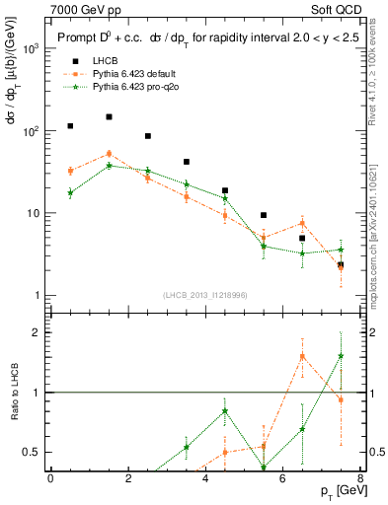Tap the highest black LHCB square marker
pos(109,116)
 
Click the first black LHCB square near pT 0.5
pos(70,126)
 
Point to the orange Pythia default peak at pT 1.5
pos(109,153)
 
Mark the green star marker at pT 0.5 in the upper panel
pos(70,192)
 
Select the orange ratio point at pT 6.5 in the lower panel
pos(302,356)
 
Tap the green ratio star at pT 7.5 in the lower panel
pos(341,356)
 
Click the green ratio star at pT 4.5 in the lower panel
pos(225,411)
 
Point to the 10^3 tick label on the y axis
pos(31,47)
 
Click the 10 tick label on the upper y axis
pos(32,213)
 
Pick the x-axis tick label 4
pos(205,478)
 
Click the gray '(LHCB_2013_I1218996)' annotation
pos(205,296)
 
